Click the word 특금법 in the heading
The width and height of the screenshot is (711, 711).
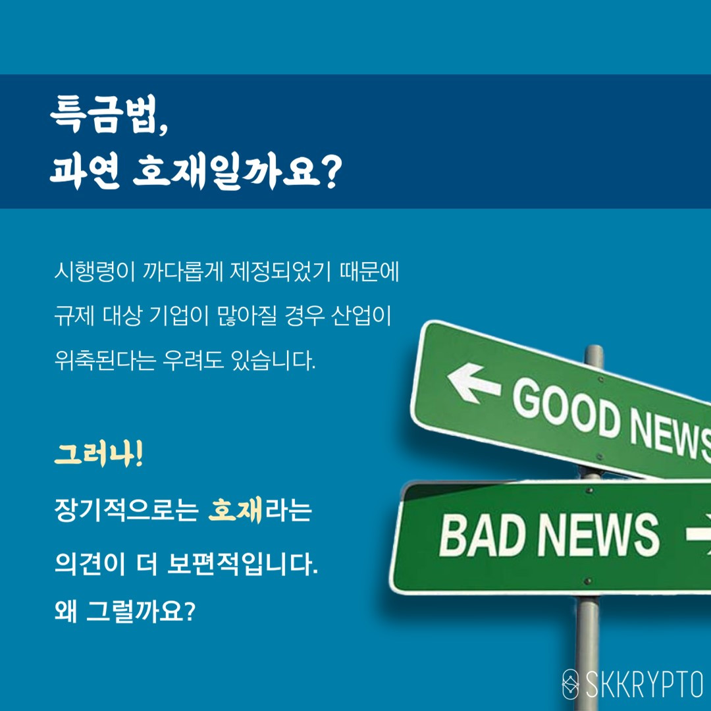pos(105,117)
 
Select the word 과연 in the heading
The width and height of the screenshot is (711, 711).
pos(84,173)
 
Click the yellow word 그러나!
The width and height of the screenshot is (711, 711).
pos(98,456)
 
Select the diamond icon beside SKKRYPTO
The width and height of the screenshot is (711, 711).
pos(570,685)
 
